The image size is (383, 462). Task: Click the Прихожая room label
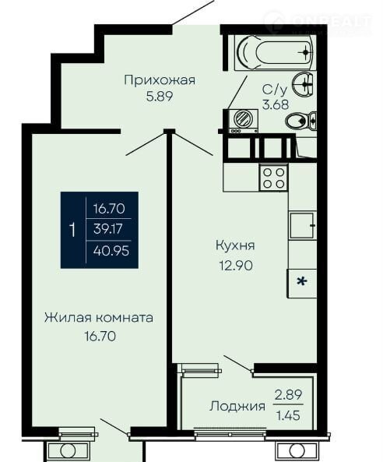point(160,80)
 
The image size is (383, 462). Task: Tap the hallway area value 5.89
point(160,97)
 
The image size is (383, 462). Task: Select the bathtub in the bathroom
point(275,53)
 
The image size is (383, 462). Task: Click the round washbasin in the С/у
point(303,84)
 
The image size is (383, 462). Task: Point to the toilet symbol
point(300,120)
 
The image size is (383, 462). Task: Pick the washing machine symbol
point(241,121)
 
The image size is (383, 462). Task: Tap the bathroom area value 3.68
point(276,104)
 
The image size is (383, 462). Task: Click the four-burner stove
point(273,177)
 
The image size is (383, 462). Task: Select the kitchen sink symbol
point(302,225)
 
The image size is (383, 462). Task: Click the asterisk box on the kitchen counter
point(302,283)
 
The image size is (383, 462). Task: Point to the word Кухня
point(235,245)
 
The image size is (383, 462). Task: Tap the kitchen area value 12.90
point(236,266)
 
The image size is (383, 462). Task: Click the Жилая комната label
point(99,318)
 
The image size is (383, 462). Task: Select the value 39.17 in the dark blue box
point(107,229)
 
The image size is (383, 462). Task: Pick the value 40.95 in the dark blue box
point(111,251)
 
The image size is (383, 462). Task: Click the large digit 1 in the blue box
point(72,230)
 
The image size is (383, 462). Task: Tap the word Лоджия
point(237,407)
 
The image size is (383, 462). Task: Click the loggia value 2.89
point(288,394)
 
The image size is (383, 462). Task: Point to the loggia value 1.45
point(288,416)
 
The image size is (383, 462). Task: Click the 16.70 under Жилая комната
point(100,337)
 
